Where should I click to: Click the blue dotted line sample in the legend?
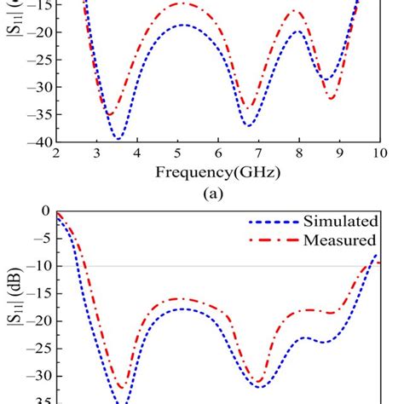[270, 222]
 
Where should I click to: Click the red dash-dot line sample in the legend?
[270, 240]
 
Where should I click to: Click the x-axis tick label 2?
[56, 154]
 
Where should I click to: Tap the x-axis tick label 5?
[177, 154]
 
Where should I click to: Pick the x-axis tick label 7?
[258, 154]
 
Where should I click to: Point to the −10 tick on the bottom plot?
[36, 266]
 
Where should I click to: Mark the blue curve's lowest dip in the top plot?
[118, 138]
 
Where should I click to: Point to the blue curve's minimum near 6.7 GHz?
[248, 125]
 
